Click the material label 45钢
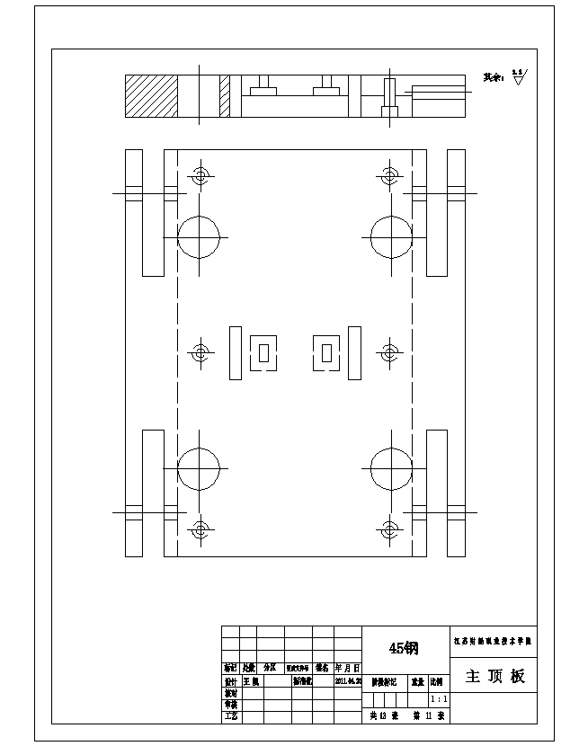click(x=404, y=647)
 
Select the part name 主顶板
click(x=494, y=676)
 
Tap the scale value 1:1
click(x=440, y=698)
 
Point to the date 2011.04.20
click(x=347, y=681)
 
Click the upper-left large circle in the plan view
click(x=199, y=236)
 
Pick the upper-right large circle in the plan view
click(x=391, y=236)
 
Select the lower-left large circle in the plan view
click(x=199, y=467)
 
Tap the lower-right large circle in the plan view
click(x=391, y=467)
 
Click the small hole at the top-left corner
click(x=199, y=175)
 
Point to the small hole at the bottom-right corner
click(x=389, y=529)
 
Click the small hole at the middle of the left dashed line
click(x=199, y=352)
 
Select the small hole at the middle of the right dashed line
click(x=389, y=352)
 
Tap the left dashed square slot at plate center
click(x=263, y=352)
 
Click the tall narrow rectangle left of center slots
click(x=235, y=352)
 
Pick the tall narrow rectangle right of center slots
click(x=354, y=352)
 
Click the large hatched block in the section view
click(x=151, y=96)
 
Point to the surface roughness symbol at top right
click(x=518, y=76)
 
